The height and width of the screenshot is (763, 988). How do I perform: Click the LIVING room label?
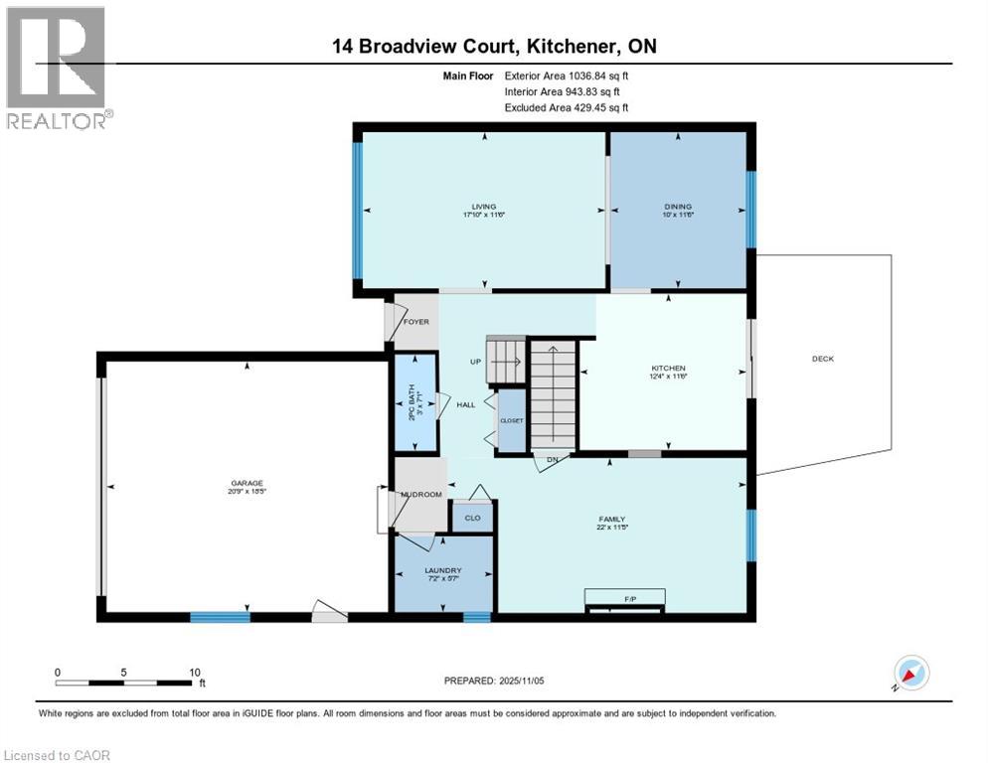click(x=484, y=207)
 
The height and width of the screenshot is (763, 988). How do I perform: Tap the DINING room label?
click(x=678, y=207)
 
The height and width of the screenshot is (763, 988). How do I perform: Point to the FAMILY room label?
click(x=611, y=519)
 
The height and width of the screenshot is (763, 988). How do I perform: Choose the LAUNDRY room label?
click(x=443, y=570)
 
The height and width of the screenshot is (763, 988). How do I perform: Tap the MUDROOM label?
click(x=421, y=494)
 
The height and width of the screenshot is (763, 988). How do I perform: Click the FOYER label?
click(x=415, y=322)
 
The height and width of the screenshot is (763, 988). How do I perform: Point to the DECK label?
click(x=822, y=359)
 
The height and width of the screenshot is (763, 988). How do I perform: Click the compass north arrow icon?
click(x=910, y=674)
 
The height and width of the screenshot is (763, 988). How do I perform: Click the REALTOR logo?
click(x=58, y=68)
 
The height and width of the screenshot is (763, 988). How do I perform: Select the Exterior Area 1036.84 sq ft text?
click(x=567, y=76)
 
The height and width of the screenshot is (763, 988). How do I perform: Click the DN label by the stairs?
click(x=551, y=459)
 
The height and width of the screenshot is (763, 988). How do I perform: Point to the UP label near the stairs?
click(x=476, y=362)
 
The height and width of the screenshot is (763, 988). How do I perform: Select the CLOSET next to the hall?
click(x=511, y=420)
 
